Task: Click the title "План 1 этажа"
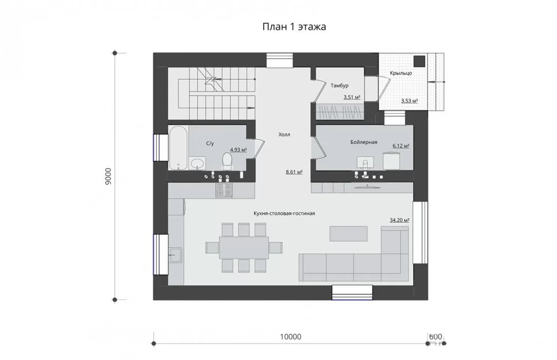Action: tap(294, 27)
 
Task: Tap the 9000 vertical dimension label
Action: tap(109, 176)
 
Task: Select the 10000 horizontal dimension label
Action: tap(291, 336)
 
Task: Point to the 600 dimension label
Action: tap(436, 336)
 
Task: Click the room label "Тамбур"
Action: tap(340, 86)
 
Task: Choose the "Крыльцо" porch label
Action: tap(401, 73)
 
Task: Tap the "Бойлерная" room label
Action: tap(364, 142)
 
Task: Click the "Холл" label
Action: tap(284, 134)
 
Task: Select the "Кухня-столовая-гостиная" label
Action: tap(284, 213)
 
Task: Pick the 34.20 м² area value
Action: tap(400, 220)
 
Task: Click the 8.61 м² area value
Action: tap(294, 172)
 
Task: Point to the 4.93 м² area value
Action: tap(238, 150)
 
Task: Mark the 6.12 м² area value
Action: tap(401, 146)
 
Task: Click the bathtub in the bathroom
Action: tap(178, 148)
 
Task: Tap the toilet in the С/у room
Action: tap(227, 160)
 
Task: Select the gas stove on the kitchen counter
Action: tap(224, 190)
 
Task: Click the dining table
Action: tap(244, 248)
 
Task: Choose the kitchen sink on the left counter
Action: tap(176, 255)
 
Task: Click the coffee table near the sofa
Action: tap(348, 234)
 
